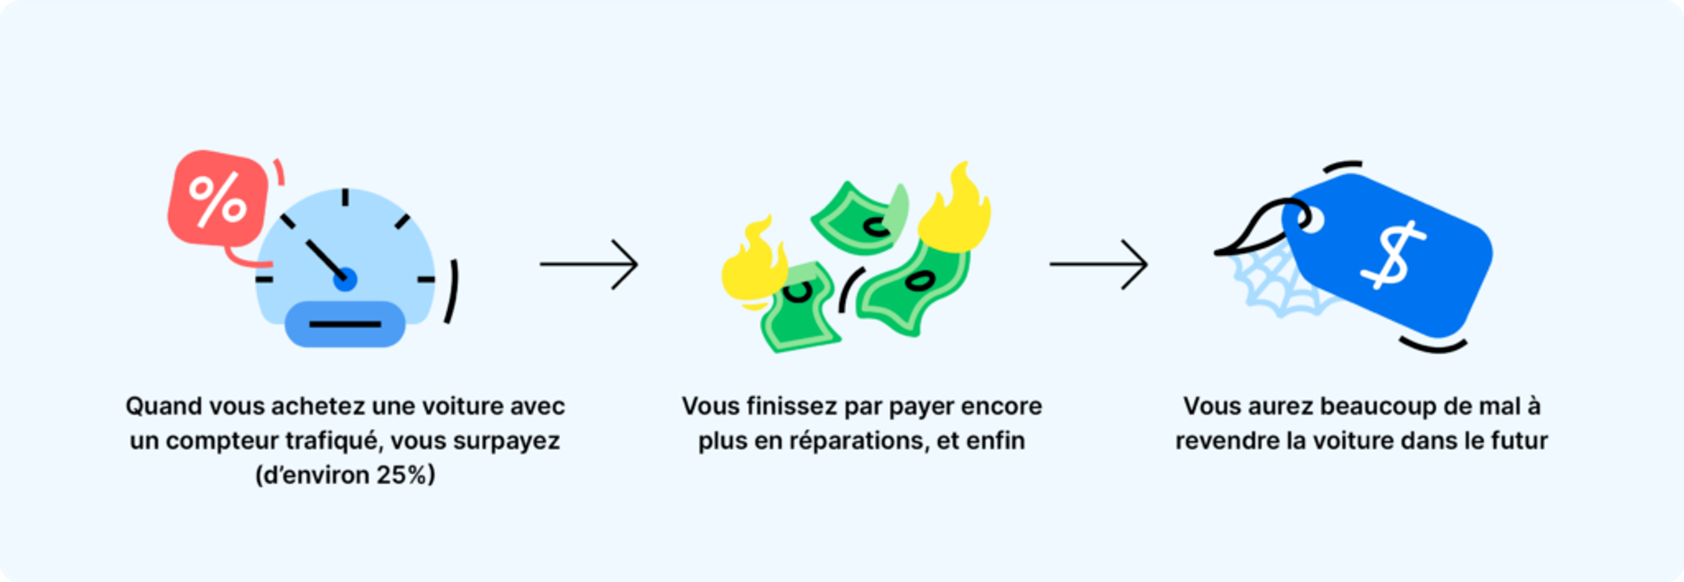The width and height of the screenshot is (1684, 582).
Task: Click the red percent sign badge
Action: click(218, 198)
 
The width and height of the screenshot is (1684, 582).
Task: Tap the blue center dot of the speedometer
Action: click(345, 279)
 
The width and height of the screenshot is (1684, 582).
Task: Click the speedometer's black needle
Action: click(324, 257)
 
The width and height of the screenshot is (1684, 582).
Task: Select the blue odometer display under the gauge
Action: click(345, 324)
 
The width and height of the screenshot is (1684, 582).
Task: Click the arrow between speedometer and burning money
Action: click(589, 264)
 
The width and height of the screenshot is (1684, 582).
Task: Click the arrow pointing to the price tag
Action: click(1099, 264)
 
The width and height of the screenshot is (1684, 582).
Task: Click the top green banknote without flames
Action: click(859, 218)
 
